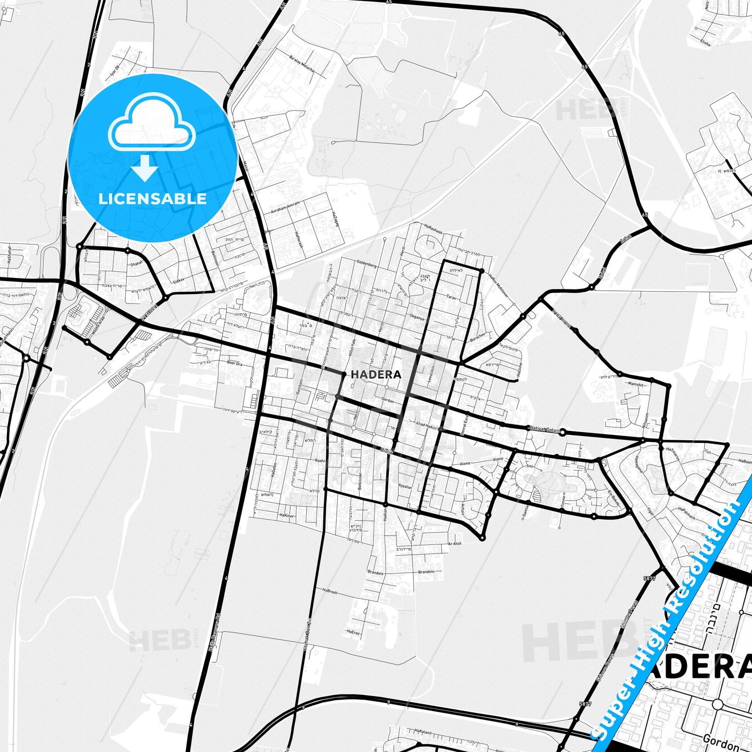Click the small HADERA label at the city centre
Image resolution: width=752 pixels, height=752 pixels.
pos(376,374)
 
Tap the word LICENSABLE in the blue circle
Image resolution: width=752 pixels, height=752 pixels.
pos(152,199)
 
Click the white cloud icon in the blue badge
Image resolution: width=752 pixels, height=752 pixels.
pos(151,124)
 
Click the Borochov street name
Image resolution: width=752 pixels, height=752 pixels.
pos(477,337)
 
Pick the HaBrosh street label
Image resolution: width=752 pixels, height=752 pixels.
pos(330,592)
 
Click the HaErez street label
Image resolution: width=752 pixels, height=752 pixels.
pos(352,632)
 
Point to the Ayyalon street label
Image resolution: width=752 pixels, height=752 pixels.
pos(405,487)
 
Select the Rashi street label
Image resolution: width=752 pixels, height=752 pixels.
pos(320,461)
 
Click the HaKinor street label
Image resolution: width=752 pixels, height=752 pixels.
pos(287,515)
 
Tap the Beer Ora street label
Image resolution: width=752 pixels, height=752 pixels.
pos(235,363)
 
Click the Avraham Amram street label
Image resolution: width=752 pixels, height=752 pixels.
pos(285,208)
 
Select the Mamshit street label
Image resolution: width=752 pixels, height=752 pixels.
pos(635,384)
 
